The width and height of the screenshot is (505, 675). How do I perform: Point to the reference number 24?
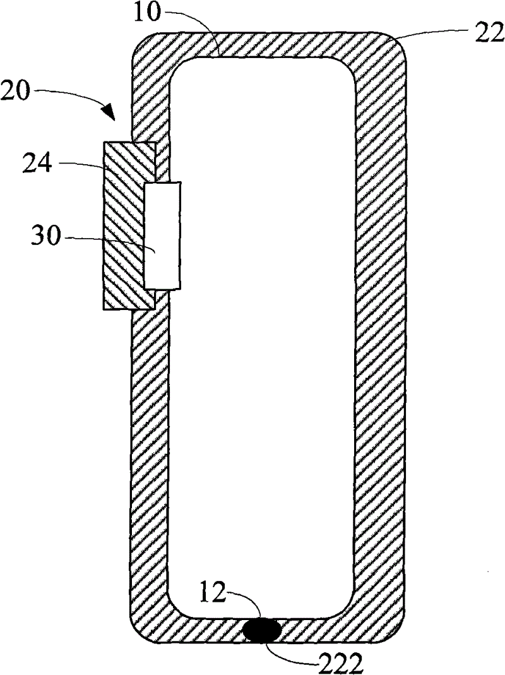tap(37, 164)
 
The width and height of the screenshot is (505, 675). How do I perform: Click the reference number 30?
tap(45, 236)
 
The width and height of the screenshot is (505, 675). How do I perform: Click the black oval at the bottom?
tap(262, 631)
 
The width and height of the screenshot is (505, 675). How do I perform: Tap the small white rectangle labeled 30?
tap(162, 236)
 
